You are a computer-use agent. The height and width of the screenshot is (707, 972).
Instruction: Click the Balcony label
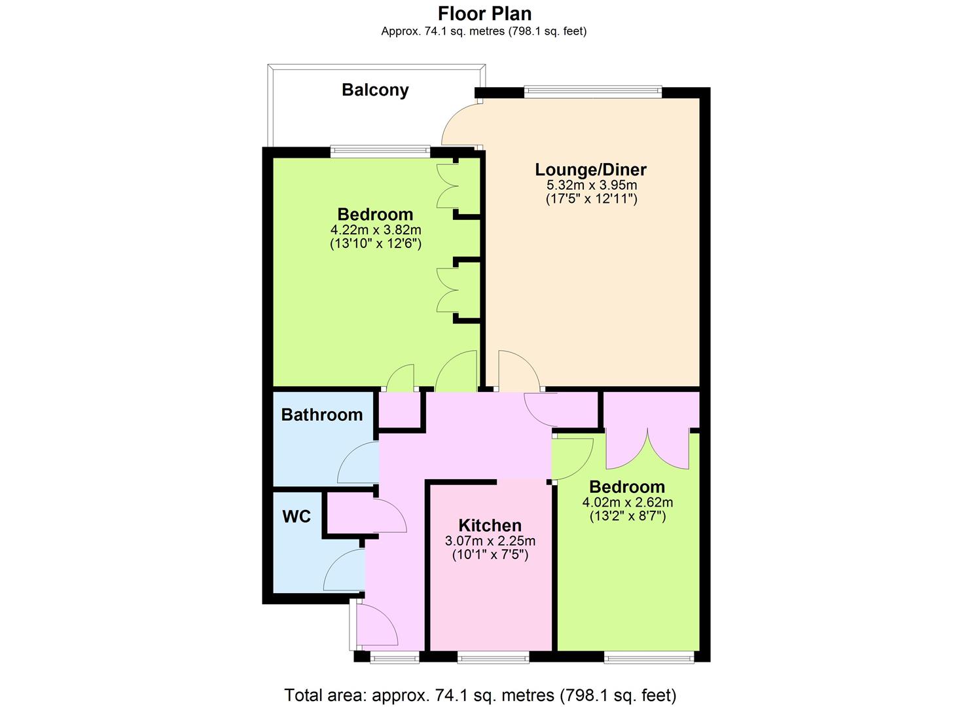click(x=375, y=90)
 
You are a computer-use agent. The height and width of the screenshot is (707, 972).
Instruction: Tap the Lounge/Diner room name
click(x=590, y=170)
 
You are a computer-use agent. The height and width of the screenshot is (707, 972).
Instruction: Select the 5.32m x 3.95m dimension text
click(x=592, y=185)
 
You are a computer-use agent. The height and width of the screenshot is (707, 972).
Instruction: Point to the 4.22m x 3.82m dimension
click(x=376, y=230)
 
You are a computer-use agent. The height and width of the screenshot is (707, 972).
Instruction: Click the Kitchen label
click(x=490, y=526)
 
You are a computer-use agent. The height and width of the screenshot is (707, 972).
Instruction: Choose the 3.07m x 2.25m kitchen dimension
click(x=490, y=541)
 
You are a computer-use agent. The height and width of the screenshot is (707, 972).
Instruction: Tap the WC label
click(x=297, y=517)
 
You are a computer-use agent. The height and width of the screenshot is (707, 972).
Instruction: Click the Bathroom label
click(x=321, y=414)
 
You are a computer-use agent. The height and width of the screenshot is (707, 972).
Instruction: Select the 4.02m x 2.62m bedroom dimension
click(x=628, y=503)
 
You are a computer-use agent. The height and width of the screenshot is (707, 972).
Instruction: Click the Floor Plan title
click(x=485, y=14)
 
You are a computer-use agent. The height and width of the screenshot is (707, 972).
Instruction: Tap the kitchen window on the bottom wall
click(x=494, y=657)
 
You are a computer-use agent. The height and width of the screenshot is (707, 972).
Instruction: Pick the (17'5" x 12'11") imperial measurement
click(x=592, y=199)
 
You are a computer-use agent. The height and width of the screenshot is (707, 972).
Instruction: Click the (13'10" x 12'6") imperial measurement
click(x=376, y=244)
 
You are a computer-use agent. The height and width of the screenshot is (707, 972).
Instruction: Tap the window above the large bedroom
click(x=380, y=152)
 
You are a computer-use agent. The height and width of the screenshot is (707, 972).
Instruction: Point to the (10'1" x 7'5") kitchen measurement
click(x=490, y=555)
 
